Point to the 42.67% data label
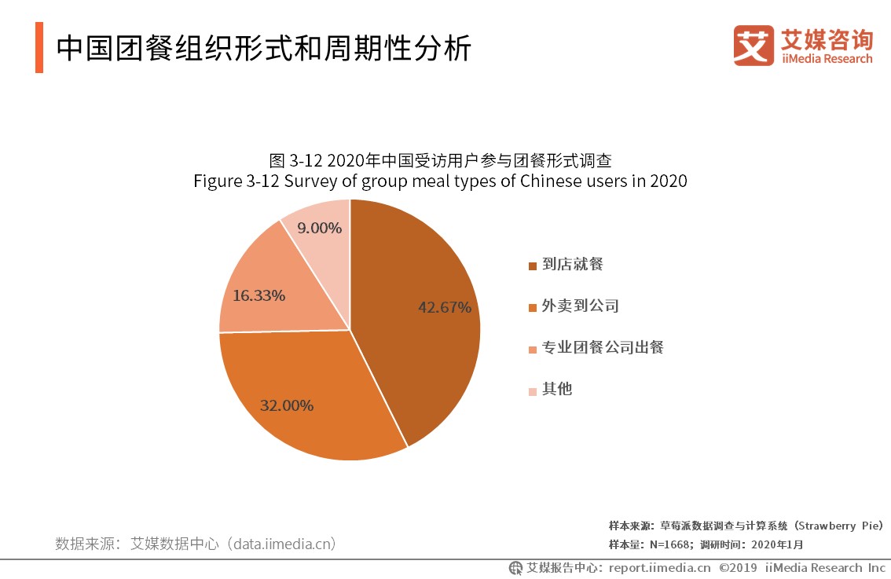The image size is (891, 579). click(x=445, y=307)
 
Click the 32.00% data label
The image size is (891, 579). click(x=287, y=406)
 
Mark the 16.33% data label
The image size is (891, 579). click(x=258, y=296)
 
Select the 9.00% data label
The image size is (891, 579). click(x=320, y=229)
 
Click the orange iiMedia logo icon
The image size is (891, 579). click(x=753, y=45)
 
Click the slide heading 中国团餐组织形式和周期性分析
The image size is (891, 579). click(x=264, y=49)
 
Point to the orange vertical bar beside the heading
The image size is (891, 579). click(x=39, y=48)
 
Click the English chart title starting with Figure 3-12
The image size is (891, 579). click(x=440, y=181)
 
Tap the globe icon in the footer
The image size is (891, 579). click(x=515, y=567)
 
